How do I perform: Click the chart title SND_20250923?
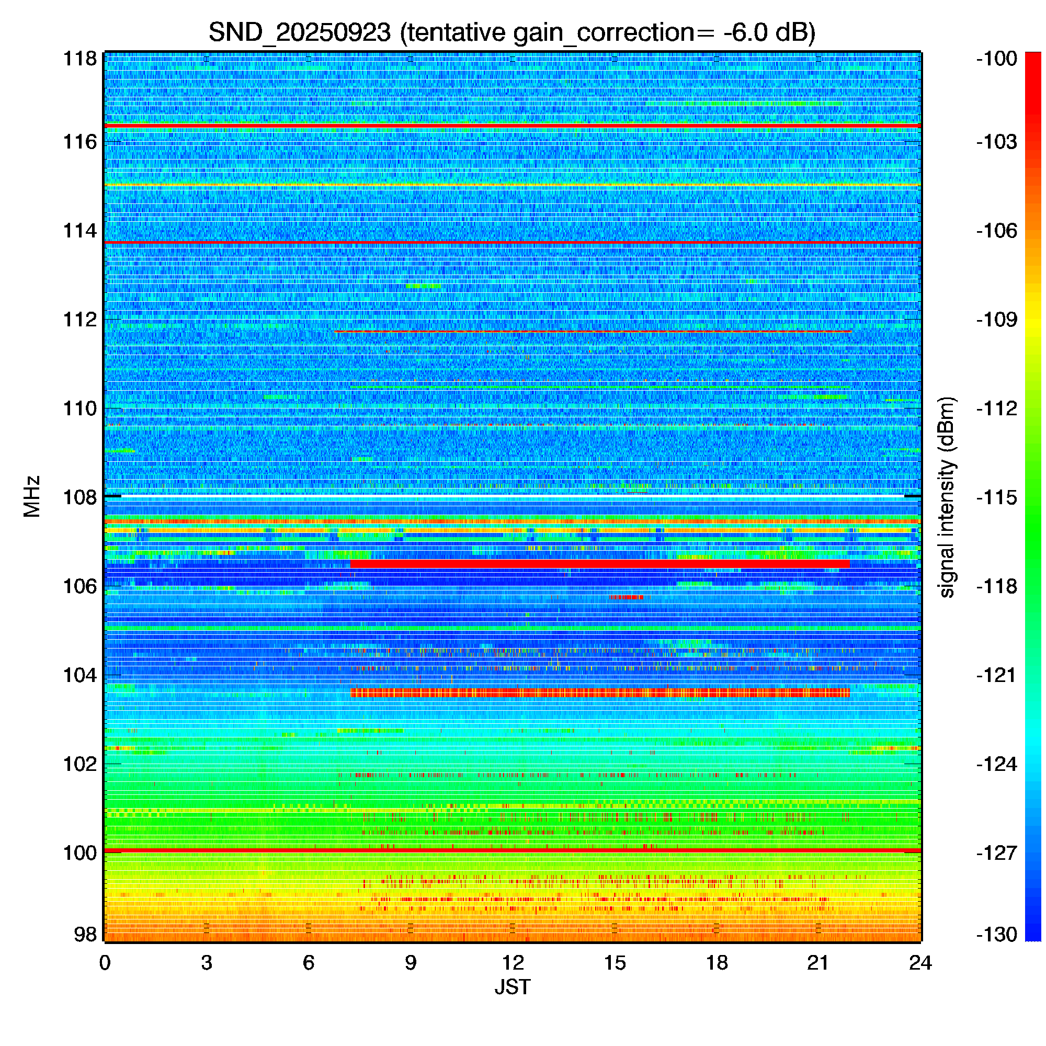pyautogui.click(x=299, y=33)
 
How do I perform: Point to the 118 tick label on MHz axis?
pyautogui.click(x=80, y=59)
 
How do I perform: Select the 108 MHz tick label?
pyautogui.click(x=80, y=497)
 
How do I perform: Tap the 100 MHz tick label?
pyautogui.click(x=80, y=852)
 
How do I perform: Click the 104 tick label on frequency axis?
pyautogui.click(x=80, y=675)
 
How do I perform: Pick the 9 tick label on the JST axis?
pyautogui.click(x=411, y=963)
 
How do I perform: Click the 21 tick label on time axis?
pyautogui.click(x=818, y=963)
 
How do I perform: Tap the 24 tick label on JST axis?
pyautogui.click(x=920, y=963)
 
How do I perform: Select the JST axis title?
pyautogui.click(x=512, y=987)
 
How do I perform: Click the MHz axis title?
pyautogui.click(x=32, y=496)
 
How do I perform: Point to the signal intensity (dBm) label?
pyautogui.click(x=947, y=497)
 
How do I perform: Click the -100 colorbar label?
pyautogui.click(x=997, y=59)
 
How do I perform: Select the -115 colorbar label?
pyautogui.click(x=997, y=497)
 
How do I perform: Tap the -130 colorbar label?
pyautogui.click(x=997, y=935)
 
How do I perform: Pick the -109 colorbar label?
pyautogui.click(x=997, y=320)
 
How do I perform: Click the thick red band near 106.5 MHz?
pyautogui.click(x=600, y=564)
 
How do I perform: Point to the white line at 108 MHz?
pyautogui.click(x=513, y=495)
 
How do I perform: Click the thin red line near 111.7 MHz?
pyautogui.click(x=593, y=331)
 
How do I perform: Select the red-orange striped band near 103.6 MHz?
pyautogui.click(x=600, y=692)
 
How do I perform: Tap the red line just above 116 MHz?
pyautogui.click(x=513, y=126)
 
